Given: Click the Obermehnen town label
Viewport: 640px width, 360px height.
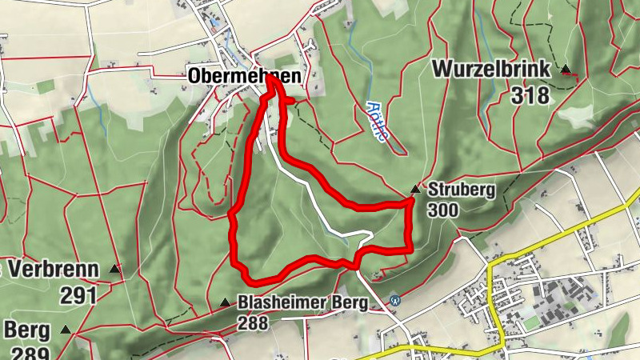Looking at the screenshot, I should (246, 76).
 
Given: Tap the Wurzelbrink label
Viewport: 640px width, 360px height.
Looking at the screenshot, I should (491, 70).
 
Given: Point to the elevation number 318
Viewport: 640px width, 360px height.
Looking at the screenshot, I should (531, 96).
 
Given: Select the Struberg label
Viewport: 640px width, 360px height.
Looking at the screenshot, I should (462, 190).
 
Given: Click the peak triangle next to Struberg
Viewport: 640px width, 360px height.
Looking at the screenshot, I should (414, 190).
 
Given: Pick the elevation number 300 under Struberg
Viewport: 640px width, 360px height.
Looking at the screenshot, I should (443, 210).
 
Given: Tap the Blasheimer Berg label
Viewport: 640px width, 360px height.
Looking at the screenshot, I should (302, 303).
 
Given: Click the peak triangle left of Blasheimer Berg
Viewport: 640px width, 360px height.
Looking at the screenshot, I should (224, 302).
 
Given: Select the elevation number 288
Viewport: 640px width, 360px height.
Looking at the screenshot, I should (253, 323).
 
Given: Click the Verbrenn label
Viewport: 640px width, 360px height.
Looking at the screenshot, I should (54, 270).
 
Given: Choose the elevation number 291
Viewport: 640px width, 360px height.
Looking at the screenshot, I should (78, 295).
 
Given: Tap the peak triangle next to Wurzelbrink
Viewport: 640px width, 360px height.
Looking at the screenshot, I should (566, 70).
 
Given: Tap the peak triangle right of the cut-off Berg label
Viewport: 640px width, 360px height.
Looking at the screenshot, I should (65, 329).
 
